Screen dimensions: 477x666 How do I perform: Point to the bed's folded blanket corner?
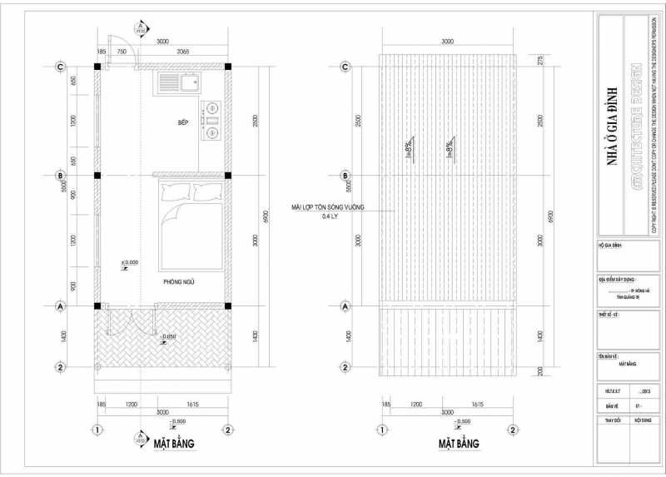(171, 218)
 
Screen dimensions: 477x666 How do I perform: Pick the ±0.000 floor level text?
(129, 262)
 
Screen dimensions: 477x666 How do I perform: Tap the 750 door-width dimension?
(122, 52)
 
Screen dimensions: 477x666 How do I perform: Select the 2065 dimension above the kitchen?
(183, 52)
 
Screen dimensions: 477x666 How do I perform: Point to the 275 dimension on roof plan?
(540, 60)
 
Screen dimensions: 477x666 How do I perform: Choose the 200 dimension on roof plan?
(540, 370)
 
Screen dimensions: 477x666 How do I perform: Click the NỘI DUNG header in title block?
(643, 422)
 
